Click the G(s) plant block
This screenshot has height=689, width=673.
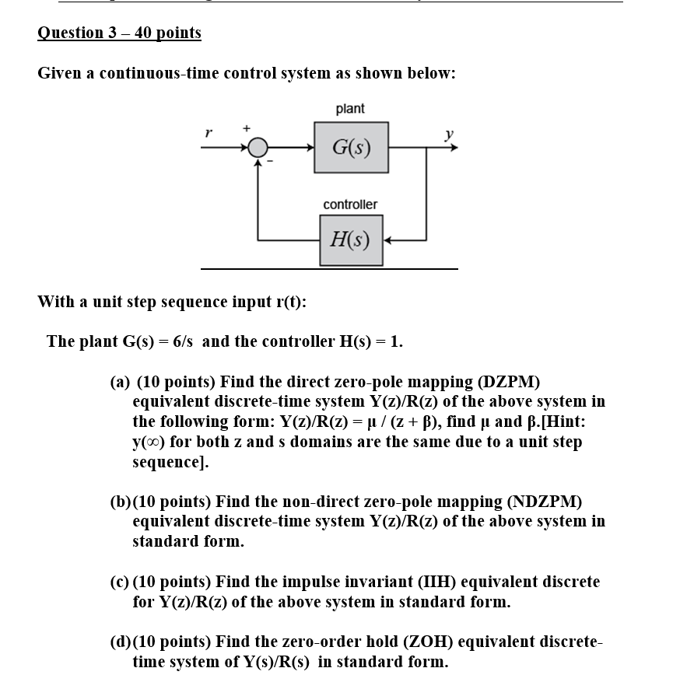pyautogui.click(x=351, y=146)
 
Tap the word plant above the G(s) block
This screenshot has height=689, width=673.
pyautogui.click(x=350, y=109)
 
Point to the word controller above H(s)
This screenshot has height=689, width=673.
pyautogui.click(x=350, y=204)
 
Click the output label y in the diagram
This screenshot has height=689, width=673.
pyautogui.click(x=448, y=134)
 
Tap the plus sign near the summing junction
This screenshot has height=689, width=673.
pyautogui.click(x=247, y=127)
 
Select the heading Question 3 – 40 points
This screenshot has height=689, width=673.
pyautogui.click(x=119, y=33)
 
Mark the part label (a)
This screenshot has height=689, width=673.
pyautogui.click(x=119, y=382)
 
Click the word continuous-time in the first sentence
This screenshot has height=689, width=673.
pyautogui.click(x=154, y=74)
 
